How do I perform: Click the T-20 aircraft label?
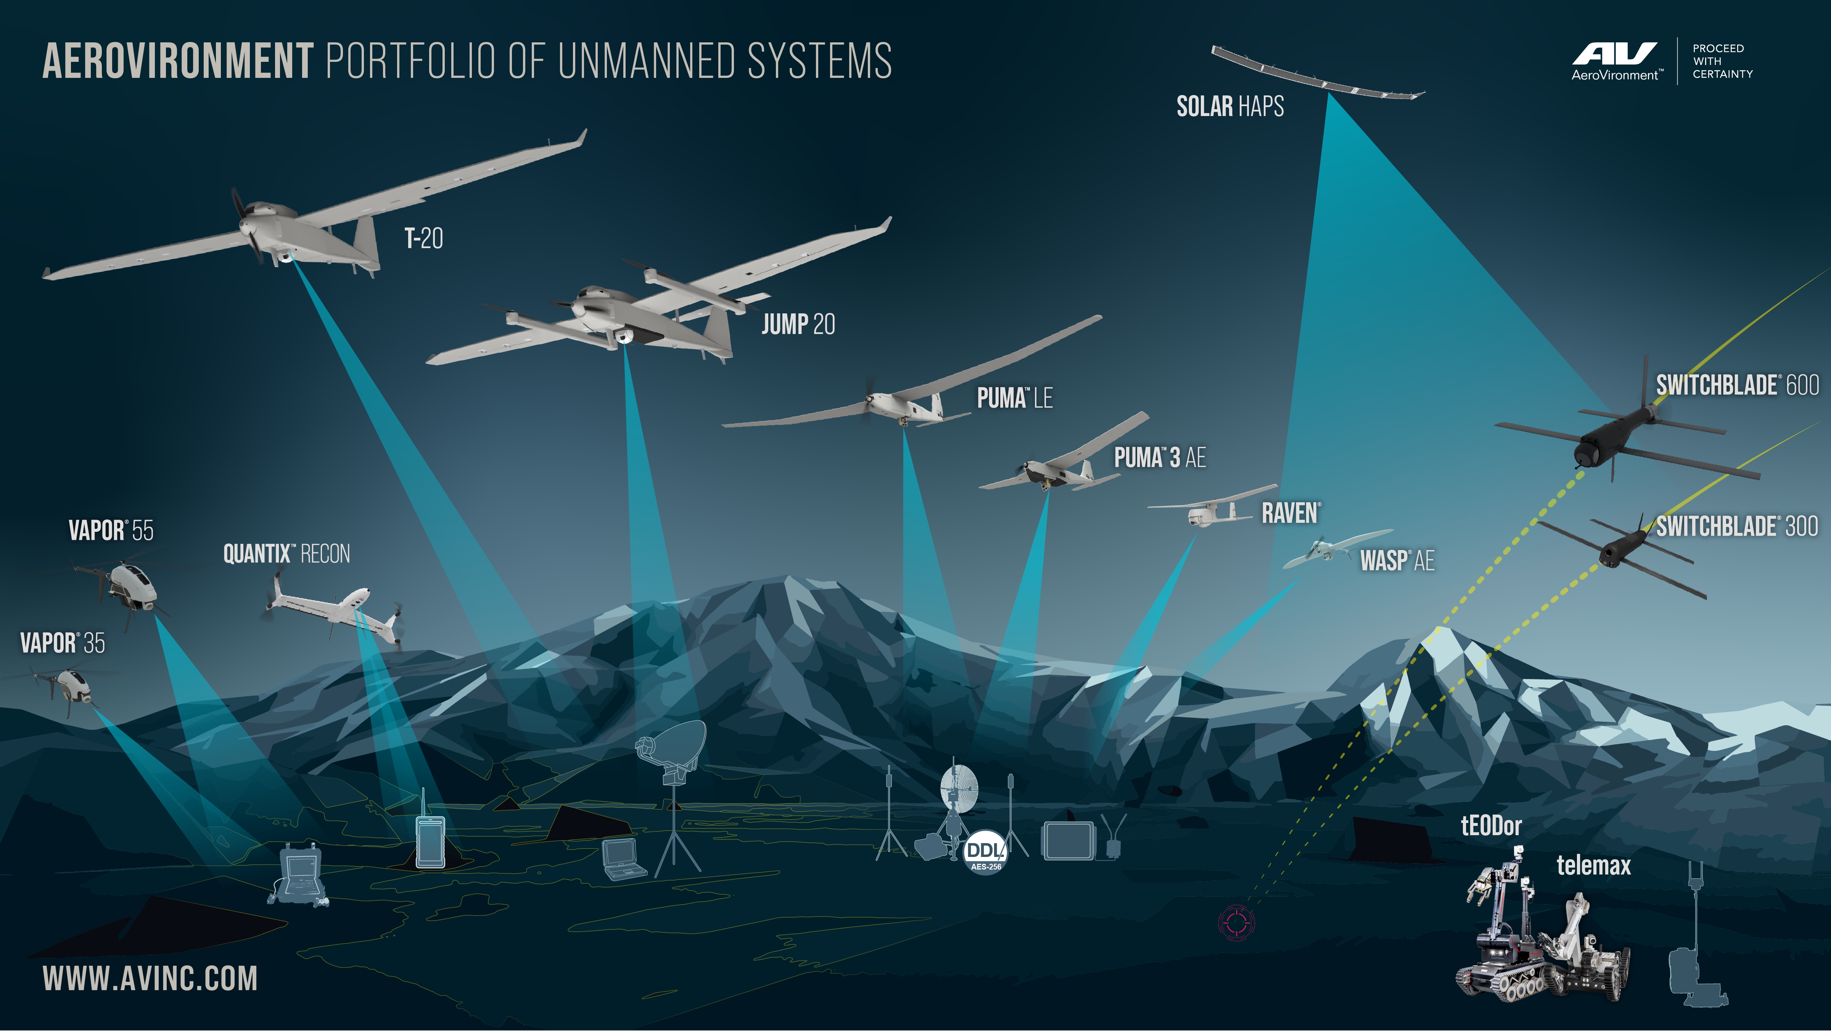click(x=424, y=238)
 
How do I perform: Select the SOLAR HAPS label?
click(x=1230, y=106)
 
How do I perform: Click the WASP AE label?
click(x=1397, y=561)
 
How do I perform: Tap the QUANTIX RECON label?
click(x=286, y=554)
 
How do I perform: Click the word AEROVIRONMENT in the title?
click(x=178, y=61)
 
